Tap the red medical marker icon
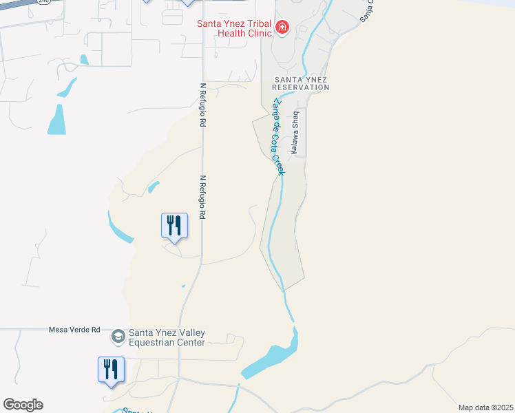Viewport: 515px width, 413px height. (282, 28)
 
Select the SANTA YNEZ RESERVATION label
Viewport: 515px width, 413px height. (301, 83)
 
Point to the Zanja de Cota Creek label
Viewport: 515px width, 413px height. (278, 136)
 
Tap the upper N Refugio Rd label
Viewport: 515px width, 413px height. (203, 105)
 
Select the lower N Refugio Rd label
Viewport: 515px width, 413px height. (203, 197)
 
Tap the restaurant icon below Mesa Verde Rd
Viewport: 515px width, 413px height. (110, 370)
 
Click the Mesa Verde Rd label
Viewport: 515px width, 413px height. (75, 329)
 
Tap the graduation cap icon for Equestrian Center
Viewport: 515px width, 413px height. (118, 336)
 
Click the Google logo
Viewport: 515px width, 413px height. (23, 405)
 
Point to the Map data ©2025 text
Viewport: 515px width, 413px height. (485, 407)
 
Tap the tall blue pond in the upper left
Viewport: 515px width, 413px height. (57, 120)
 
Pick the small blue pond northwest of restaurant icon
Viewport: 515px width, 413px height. (153, 187)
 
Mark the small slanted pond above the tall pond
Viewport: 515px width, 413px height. (67, 87)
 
